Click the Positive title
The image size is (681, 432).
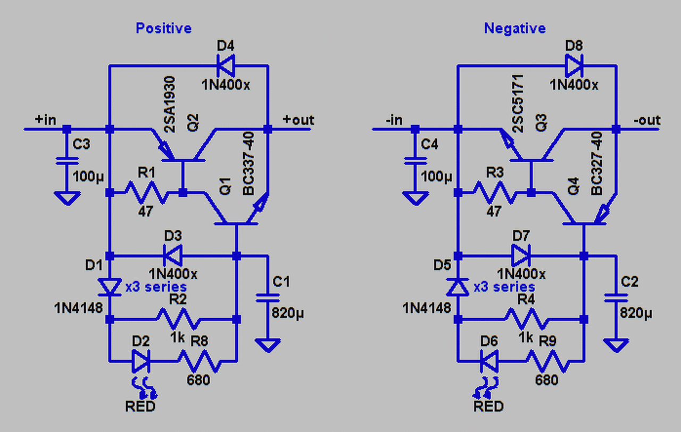[x=163, y=28]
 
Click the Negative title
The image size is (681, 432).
[x=514, y=28]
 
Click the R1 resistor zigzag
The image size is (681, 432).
[x=146, y=193]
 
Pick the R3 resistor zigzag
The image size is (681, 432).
[x=494, y=193]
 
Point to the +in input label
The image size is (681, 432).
[x=45, y=120]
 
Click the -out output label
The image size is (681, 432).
[x=647, y=120]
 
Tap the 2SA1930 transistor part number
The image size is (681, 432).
[x=170, y=106]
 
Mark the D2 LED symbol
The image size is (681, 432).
[x=142, y=362]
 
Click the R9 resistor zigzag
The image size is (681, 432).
[x=546, y=362]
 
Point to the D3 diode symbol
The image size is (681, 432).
[x=172, y=256]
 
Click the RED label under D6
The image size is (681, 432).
[x=488, y=406]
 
